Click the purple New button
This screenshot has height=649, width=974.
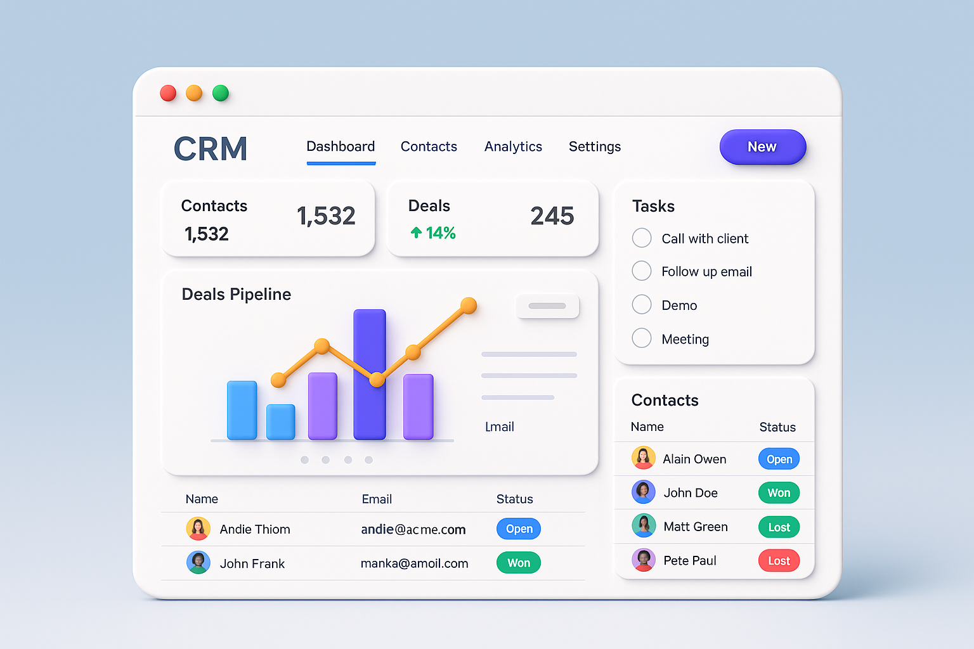coord(762,147)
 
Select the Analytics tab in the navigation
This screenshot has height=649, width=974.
coord(513,147)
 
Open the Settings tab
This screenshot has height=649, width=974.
coord(594,147)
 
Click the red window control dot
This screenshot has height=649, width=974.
coord(168,93)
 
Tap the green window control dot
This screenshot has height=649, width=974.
coord(220,93)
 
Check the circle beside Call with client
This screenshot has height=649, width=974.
coord(642,238)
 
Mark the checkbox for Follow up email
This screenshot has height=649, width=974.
coord(642,271)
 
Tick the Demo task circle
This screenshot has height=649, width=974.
coord(642,305)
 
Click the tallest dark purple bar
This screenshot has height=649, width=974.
coord(370,374)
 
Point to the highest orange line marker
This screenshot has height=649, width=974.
coord(469,305)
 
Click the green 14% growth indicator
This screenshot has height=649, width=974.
coord(433,233)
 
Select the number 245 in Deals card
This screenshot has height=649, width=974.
coord(552,216)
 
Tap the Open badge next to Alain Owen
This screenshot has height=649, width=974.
coord(779,459)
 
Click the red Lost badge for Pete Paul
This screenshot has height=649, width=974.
coord(779,561)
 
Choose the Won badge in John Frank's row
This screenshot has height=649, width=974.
coord(518,563)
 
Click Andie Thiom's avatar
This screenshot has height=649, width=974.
coord(198,529)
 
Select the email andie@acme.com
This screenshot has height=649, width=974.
coord(413,529)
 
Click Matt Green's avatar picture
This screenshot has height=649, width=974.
coord(644,526)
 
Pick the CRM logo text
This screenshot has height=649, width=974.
coord(211,149)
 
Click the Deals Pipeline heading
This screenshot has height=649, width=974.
coord(236,294)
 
